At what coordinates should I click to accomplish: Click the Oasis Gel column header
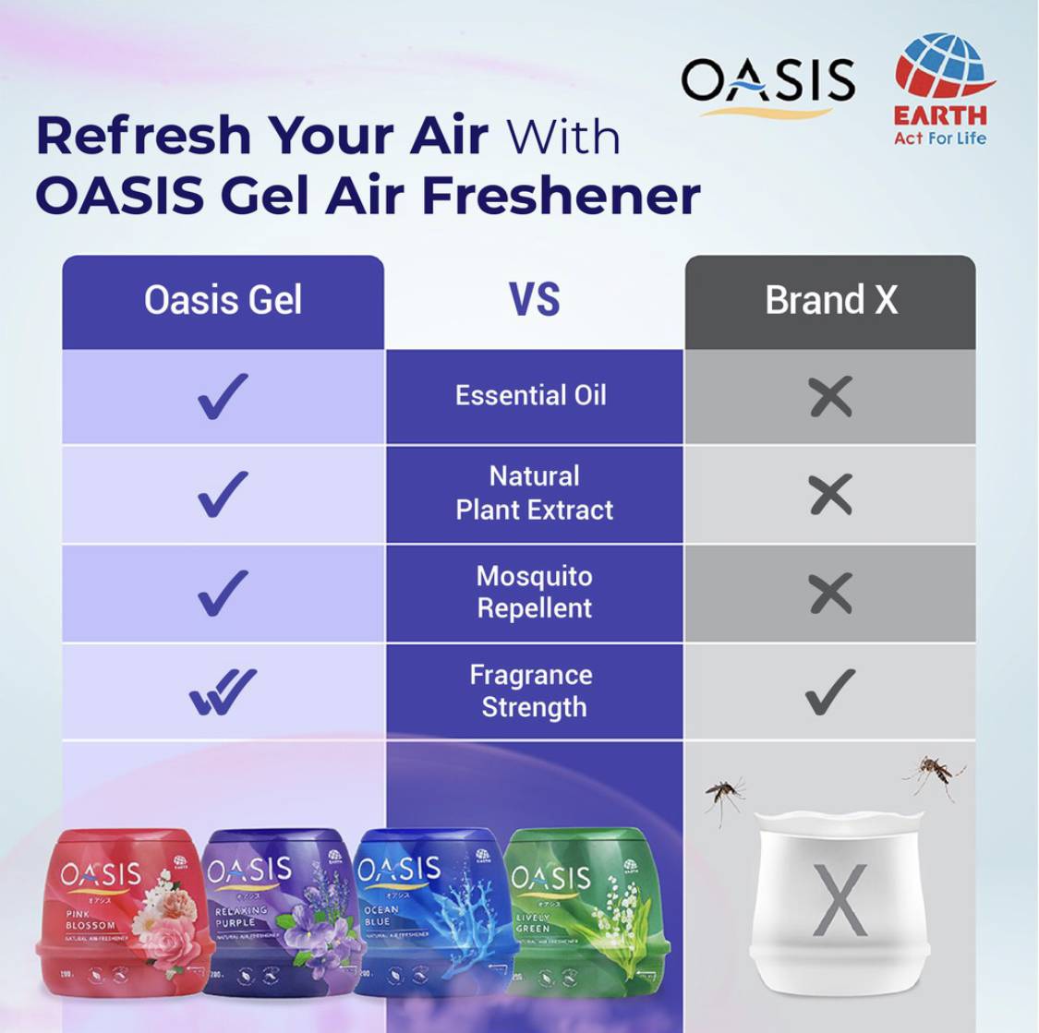pos(223,301)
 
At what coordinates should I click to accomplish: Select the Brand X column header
pos(830,301)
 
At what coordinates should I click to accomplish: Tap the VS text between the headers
pos(534,301)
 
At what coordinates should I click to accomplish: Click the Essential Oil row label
pos(531,396)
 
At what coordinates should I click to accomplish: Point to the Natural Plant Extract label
pos(534,493)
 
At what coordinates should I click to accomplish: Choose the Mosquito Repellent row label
pos(534,592)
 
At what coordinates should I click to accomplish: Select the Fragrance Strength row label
pos(532,691)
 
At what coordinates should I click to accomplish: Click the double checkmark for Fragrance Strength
pos(223,691)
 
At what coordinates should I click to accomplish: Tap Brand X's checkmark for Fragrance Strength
pos(830,691)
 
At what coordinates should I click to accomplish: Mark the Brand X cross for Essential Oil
pos(830,398)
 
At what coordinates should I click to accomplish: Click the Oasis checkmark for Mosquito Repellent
pos(223,592)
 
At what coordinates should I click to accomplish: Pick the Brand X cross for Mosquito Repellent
pos(830,593)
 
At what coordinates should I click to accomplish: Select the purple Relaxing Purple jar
pos(276,913)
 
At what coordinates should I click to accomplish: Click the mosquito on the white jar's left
pos(725,795)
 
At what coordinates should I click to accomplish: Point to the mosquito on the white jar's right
pos(934,775)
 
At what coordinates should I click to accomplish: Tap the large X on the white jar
pos(839,900)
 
